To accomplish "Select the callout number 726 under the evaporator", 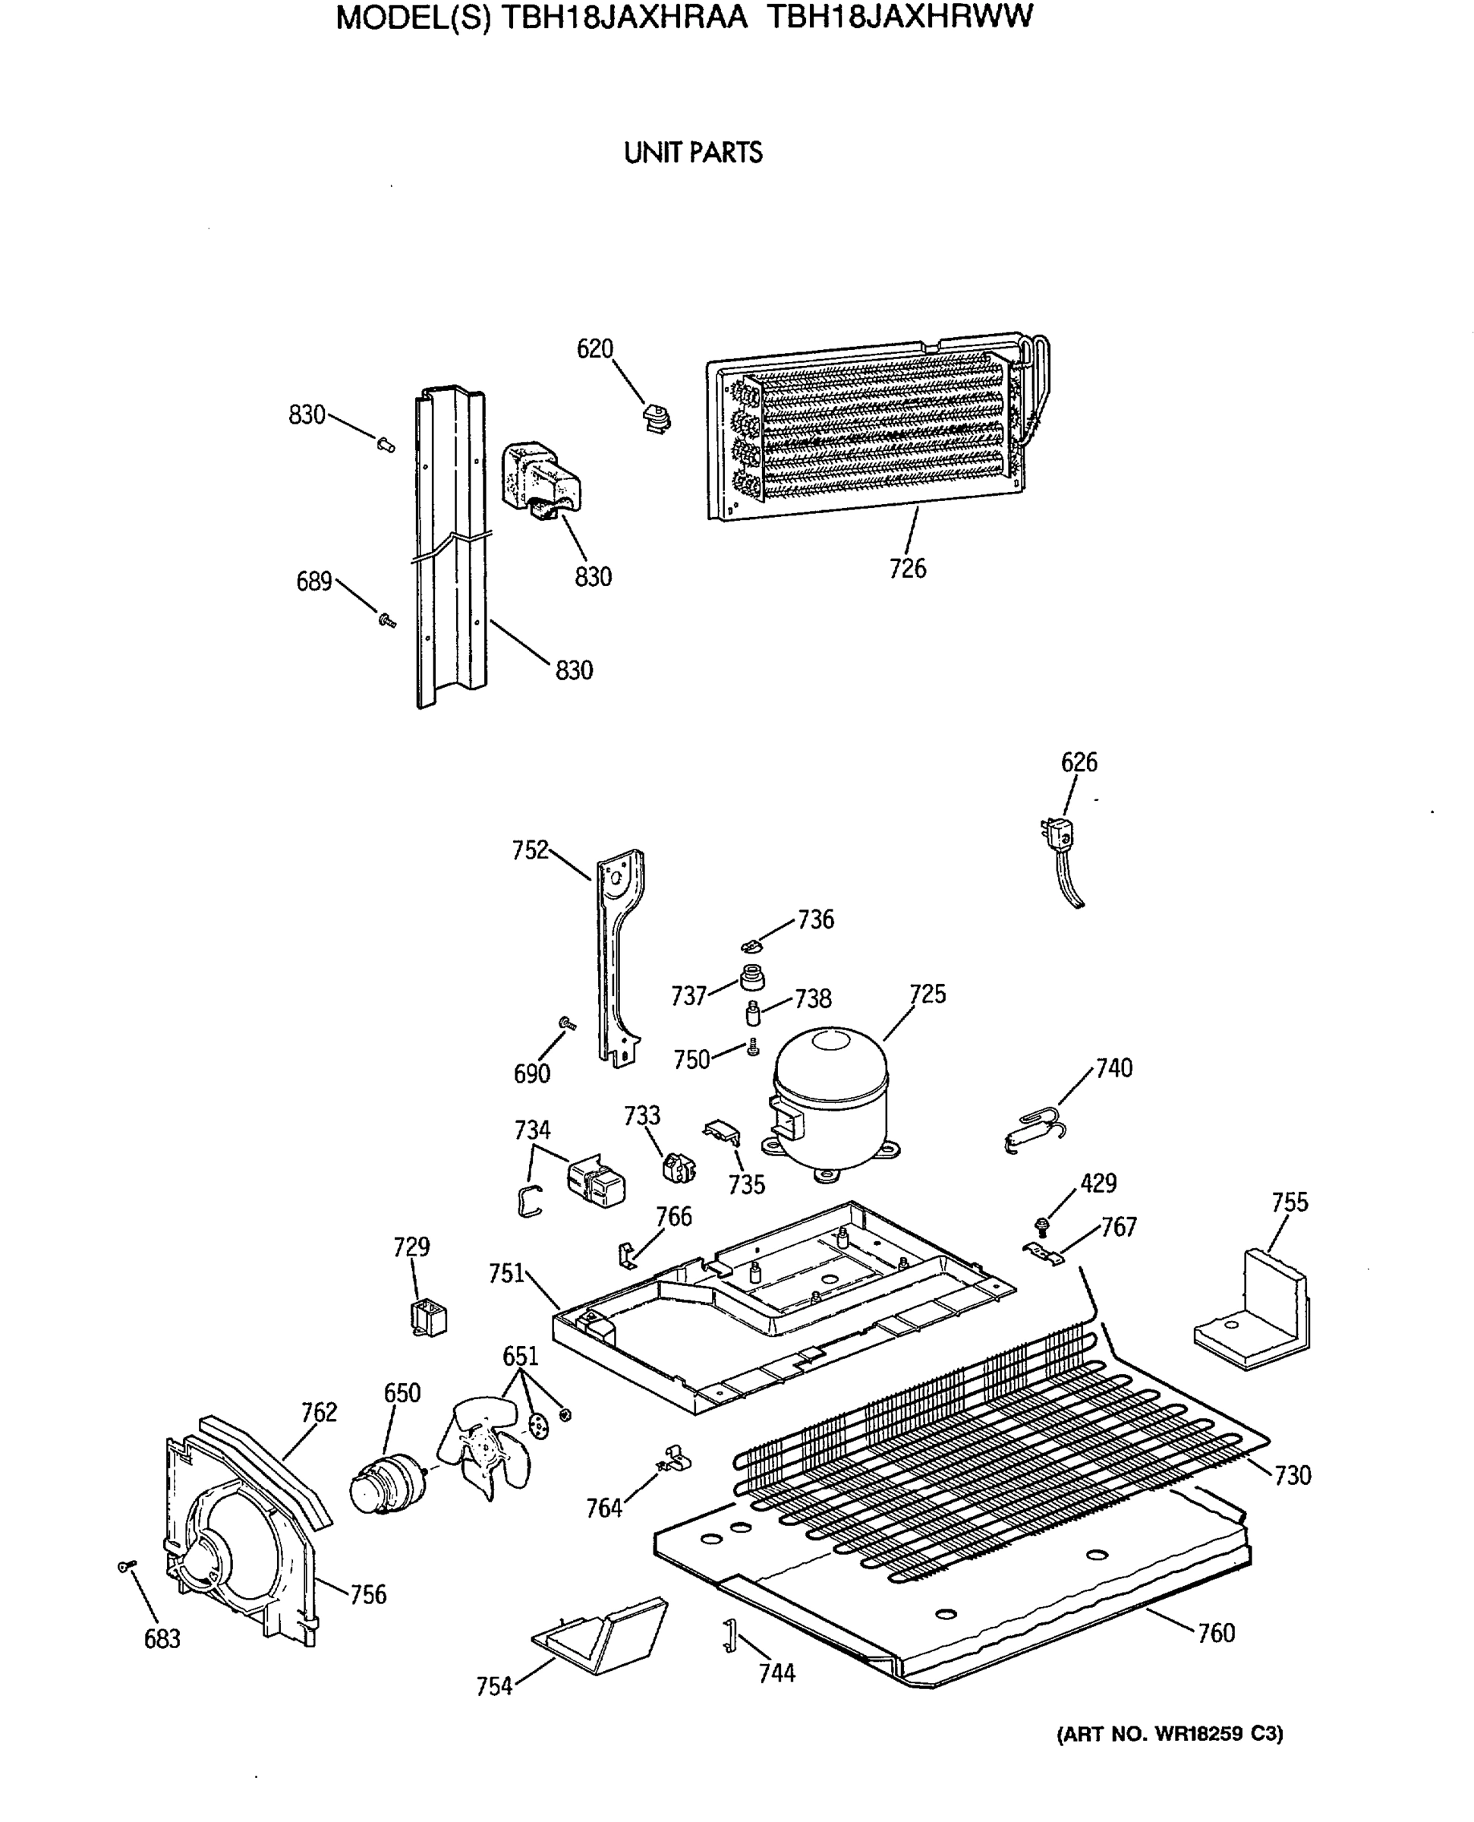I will tap(907, 569).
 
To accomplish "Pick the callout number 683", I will tap(162, 1638).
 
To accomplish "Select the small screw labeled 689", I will tap(387, 621).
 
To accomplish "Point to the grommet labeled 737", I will tap(751, 977).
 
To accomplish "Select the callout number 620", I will tap(594, 349).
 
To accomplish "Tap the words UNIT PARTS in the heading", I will tap(693, 153).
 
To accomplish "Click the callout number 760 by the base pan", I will tap(1215, 1633).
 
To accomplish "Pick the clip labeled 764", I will tap(676, 1461).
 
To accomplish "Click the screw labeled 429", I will tap(1042, 1225).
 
